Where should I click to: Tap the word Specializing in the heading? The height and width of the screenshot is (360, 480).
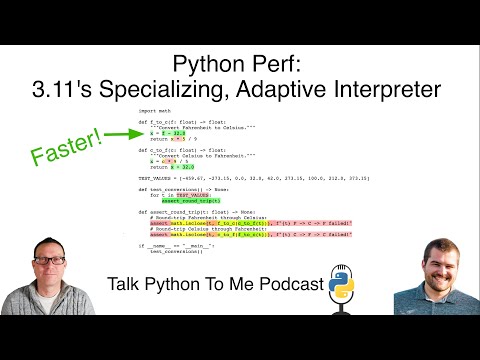[x=186, y=90]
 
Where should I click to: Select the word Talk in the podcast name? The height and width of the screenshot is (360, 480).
[x=124, y=286]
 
